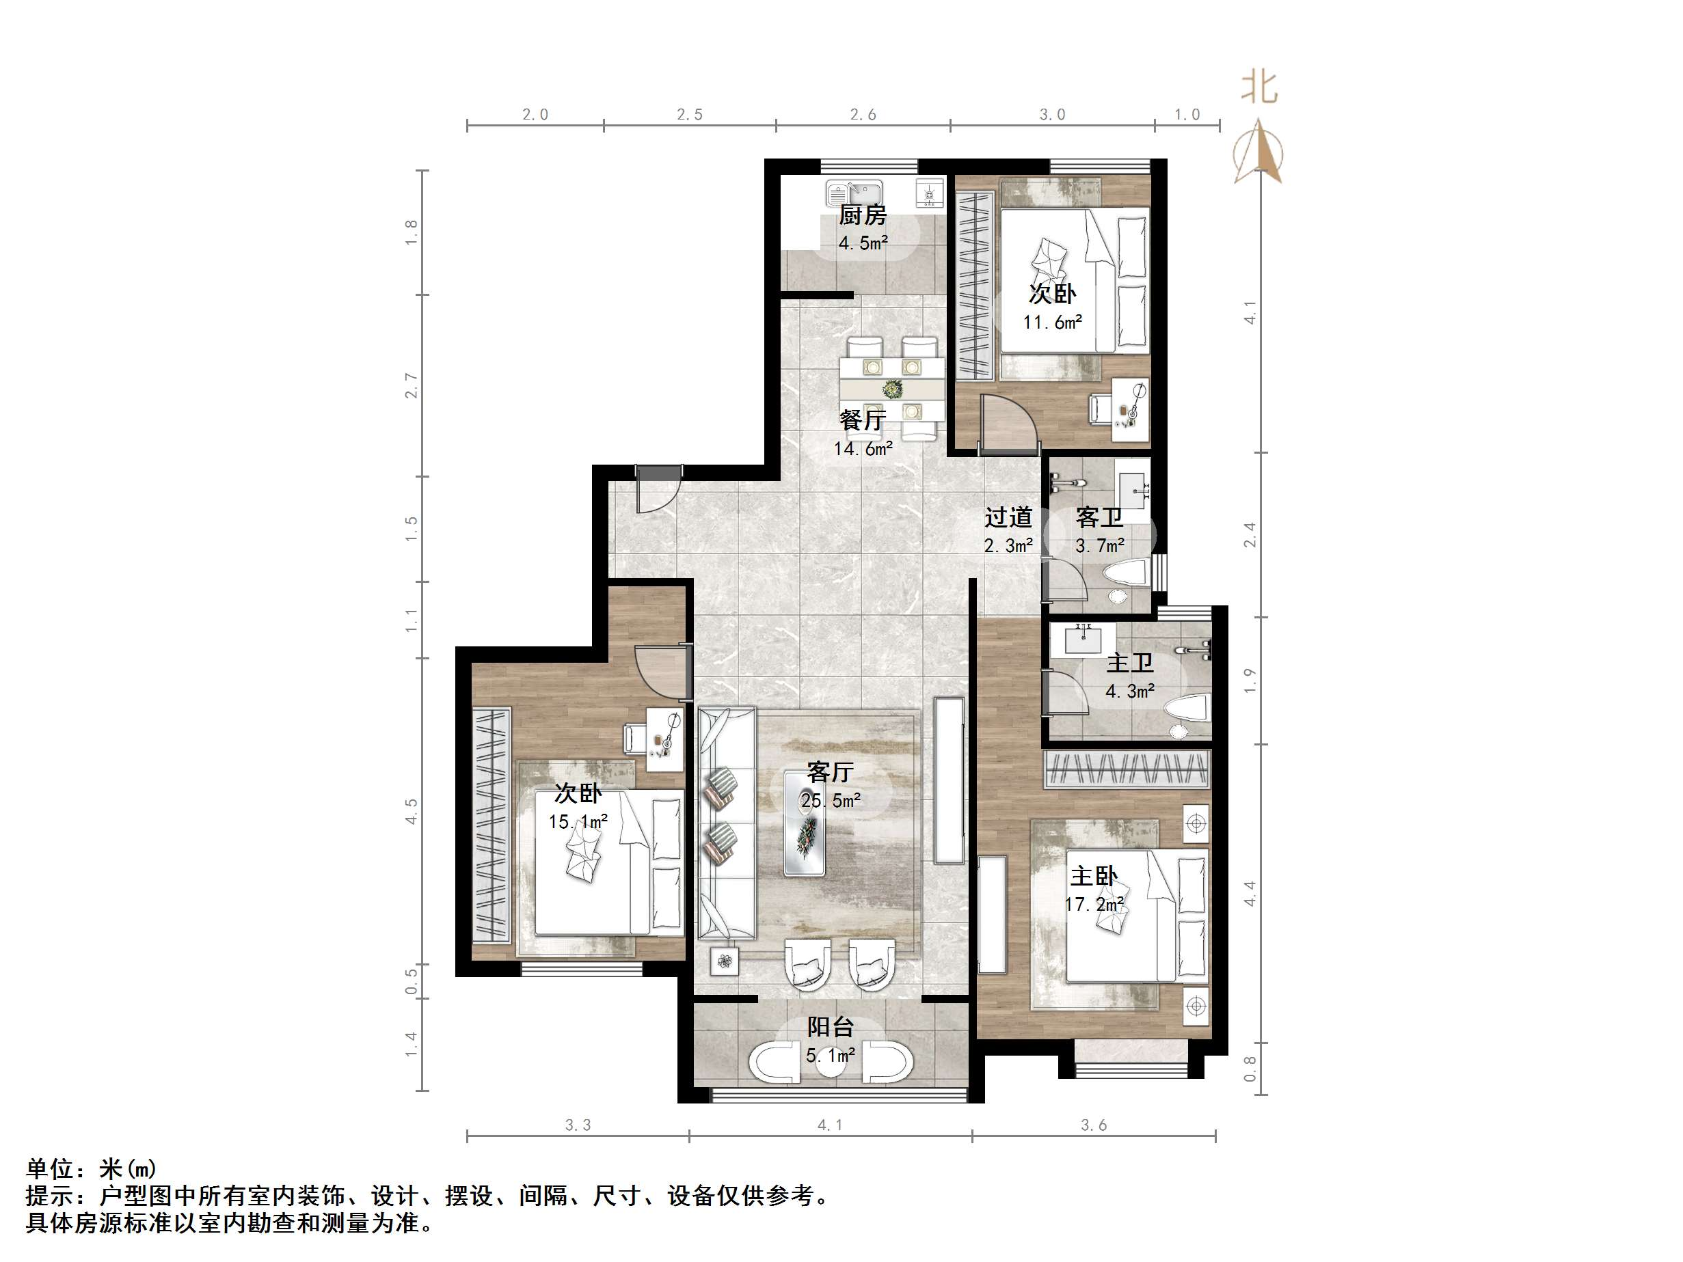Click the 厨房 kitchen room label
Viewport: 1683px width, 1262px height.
(x=863, y=215)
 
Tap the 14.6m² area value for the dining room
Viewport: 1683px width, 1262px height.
(x=863, y=448)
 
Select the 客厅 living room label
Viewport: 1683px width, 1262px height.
(x=830, y=772)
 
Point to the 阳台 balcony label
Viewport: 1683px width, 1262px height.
(x=830, y=1027)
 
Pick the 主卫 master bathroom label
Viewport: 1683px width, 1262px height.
(x=1130, y=663)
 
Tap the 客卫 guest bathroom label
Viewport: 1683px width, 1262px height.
(x=1099, y=517)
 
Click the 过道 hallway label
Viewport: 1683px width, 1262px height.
(x=1008, y=517)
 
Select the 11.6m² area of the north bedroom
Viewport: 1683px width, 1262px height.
(x=1052, y=322)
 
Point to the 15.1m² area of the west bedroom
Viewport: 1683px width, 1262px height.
(x=578, y=821)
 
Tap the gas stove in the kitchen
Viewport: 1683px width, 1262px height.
(x=930, y=193)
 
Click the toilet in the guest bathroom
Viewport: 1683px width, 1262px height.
(x=1125, y=577)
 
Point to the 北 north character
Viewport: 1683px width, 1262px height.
(x=1259, y=87)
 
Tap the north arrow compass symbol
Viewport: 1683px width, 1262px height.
(x=1258, y=152)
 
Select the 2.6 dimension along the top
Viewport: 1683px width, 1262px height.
(x=863, y=115)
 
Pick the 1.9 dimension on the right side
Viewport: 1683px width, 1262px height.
(x=1250, y=680)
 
